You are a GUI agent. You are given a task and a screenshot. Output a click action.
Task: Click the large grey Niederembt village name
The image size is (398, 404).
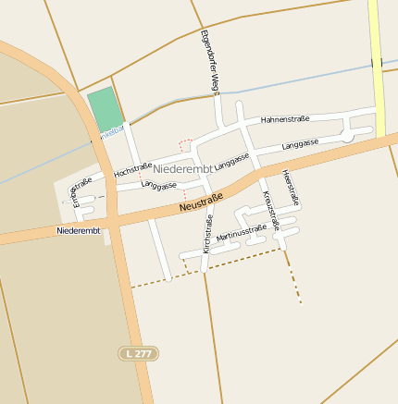[x=183, y=169]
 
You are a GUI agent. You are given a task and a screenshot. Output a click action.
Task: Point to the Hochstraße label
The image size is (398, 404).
[x=132, y=170]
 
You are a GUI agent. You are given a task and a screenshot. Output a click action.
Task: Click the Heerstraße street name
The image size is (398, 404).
[x=291, y=188]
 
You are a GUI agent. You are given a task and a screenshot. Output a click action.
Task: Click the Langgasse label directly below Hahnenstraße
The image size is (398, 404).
[x=300, y=144]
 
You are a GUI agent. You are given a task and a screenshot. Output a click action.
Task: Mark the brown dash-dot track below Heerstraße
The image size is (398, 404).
[x=292, y=277]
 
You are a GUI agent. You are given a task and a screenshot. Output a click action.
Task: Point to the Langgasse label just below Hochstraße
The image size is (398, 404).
[x=159, y=185]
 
